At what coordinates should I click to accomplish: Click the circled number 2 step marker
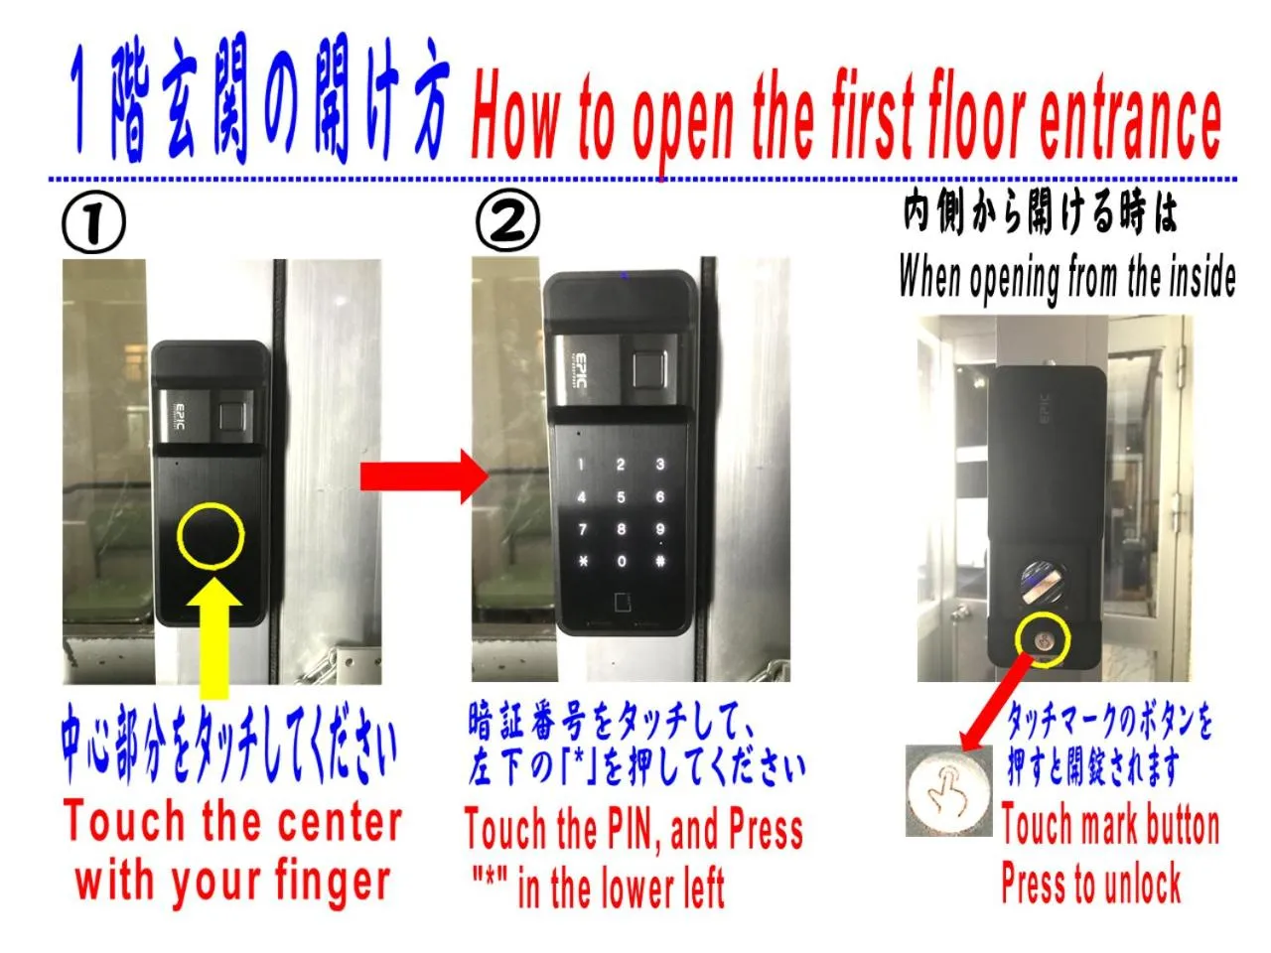click(x=507, y=223)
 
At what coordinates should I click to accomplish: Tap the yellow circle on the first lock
click(x=210, y=536)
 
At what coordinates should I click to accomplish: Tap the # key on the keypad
click(x=658, y=561)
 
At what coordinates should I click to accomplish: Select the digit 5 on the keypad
click(x=621, y=497)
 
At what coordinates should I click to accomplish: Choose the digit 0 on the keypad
click(x=621, y=561)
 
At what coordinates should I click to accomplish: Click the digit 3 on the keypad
click(x=658, y=465)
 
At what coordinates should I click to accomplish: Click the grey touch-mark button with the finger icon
click(x=948, y=788)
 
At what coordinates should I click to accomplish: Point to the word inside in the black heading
click(x=1200, y=277)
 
